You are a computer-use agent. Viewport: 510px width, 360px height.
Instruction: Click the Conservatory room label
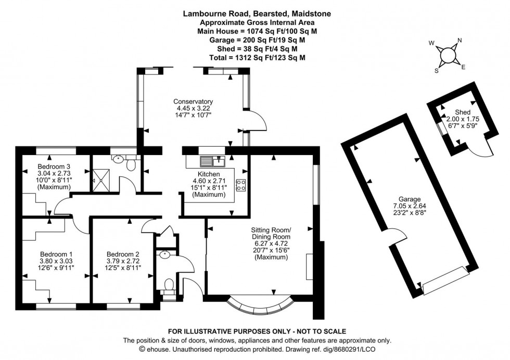[194, 101]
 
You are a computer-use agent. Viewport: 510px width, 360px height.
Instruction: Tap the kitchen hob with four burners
[241, 185]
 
